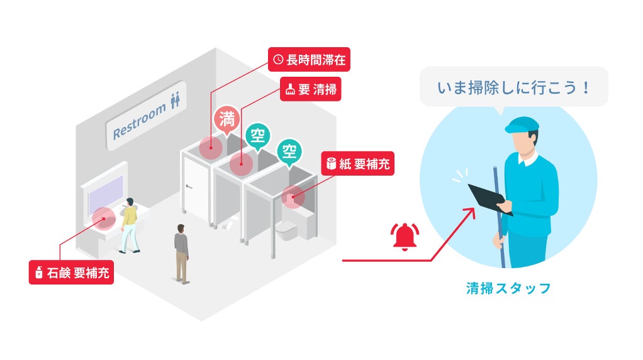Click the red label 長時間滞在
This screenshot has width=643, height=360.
(308, 60)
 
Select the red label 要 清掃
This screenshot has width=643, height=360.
(310, 90)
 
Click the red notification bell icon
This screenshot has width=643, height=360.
(405, 237)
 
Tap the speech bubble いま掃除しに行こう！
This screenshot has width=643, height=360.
(513, 87)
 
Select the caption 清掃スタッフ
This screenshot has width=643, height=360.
(508, 288)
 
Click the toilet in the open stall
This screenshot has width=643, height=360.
(287, 229)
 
